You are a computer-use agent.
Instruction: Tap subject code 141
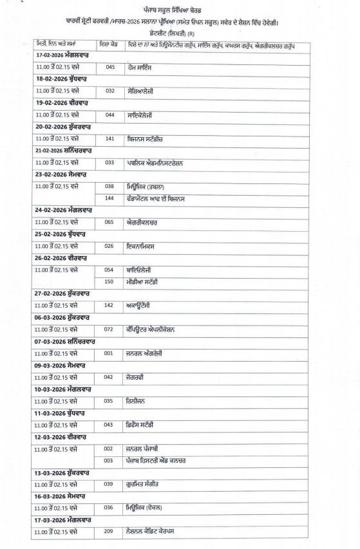(x=109, y=139)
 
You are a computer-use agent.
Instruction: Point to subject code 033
(x=109, y=163)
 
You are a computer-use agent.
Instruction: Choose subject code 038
(x=109, y=187)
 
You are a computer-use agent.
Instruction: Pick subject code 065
(x=109, y=222)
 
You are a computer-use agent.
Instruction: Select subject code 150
(x=109, y=281)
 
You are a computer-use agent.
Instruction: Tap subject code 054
(x=109, y=270)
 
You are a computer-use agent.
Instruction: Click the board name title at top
(x=180, y=6)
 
